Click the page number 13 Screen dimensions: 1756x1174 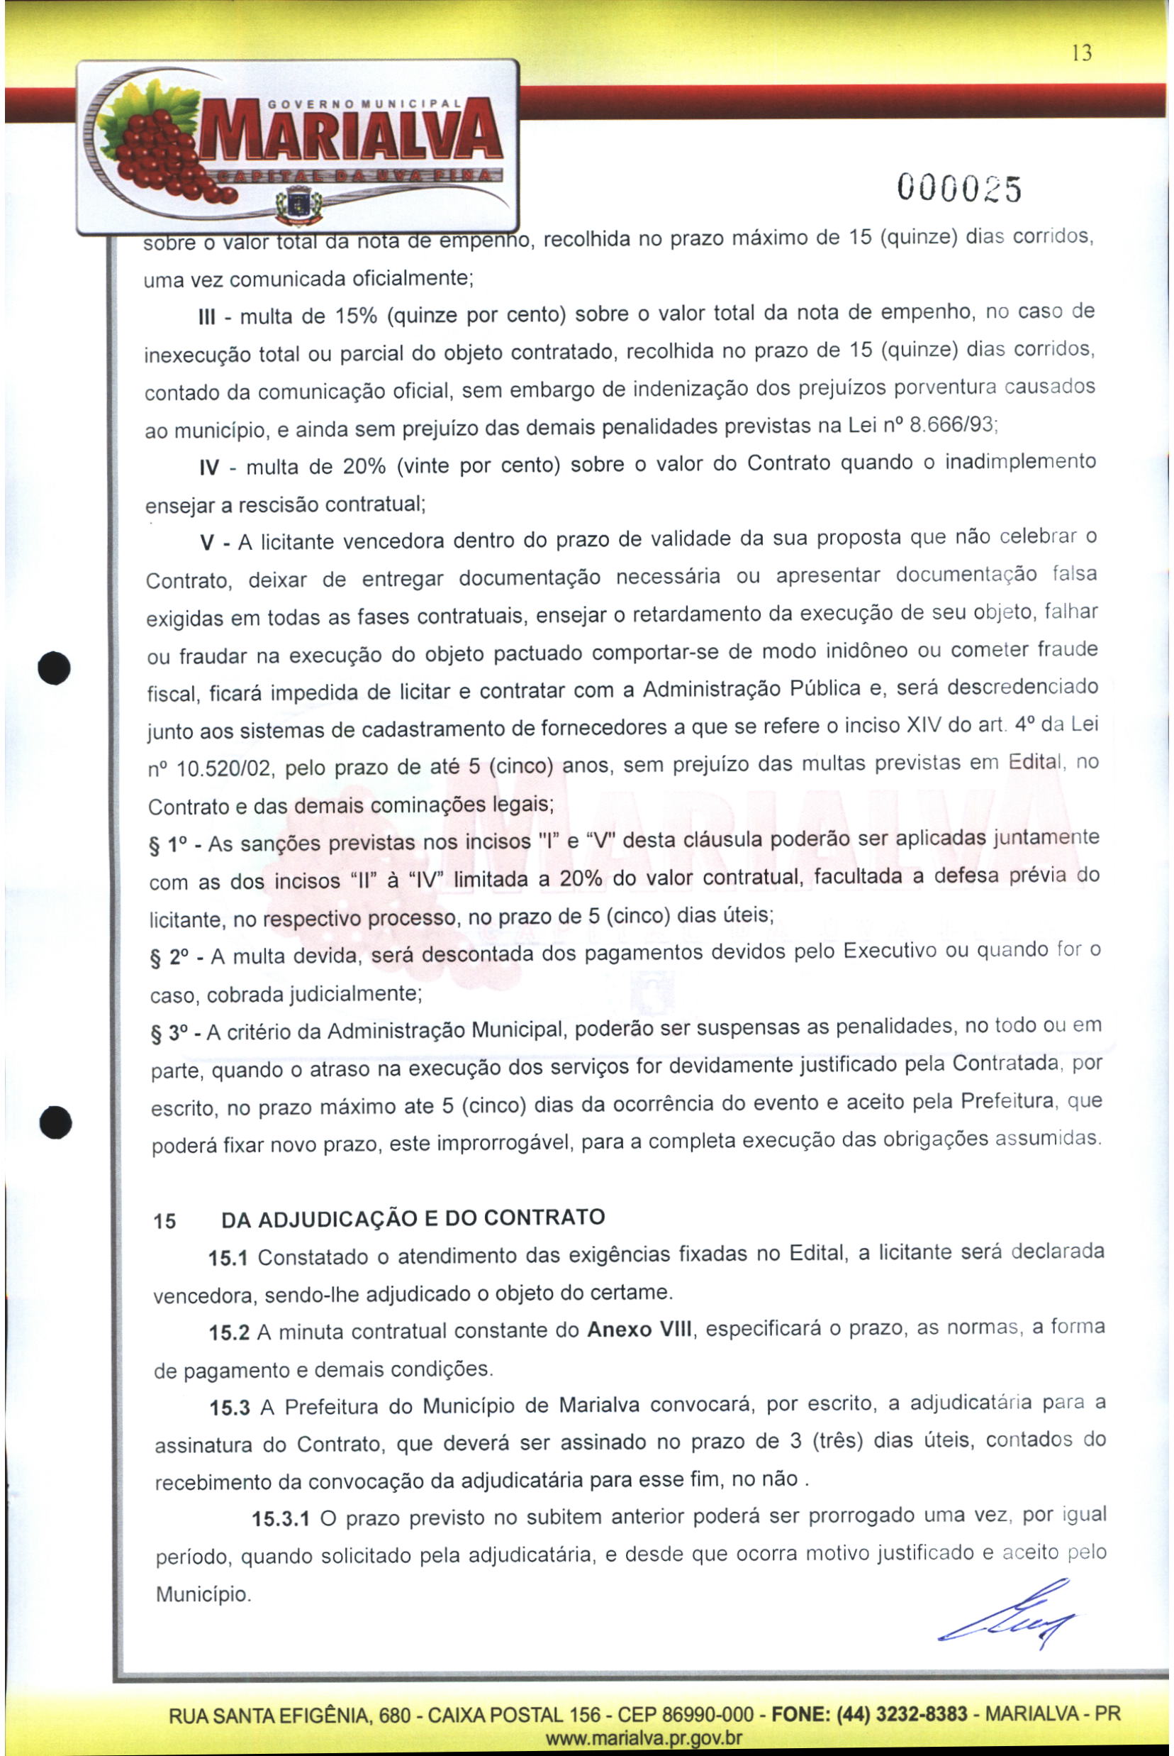click(1081, 53)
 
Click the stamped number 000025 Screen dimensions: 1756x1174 click(959, 187)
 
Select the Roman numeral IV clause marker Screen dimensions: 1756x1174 click(209, 469)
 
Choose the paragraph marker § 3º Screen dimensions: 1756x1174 click(170, 1034)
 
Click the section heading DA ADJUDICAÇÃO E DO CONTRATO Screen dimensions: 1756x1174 click(413, 1218)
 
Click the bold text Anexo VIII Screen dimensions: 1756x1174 click(641, 1330)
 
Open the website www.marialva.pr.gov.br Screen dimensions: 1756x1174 click(644, 1738)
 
